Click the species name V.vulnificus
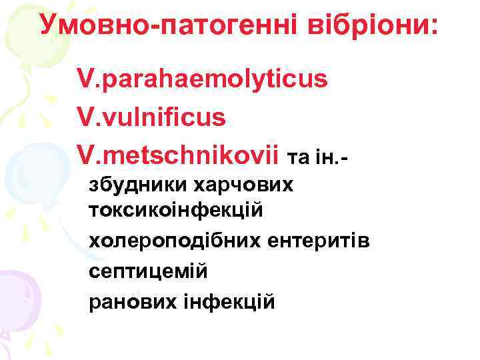click(x=152, y=117)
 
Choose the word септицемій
click(x=148, y=271)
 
